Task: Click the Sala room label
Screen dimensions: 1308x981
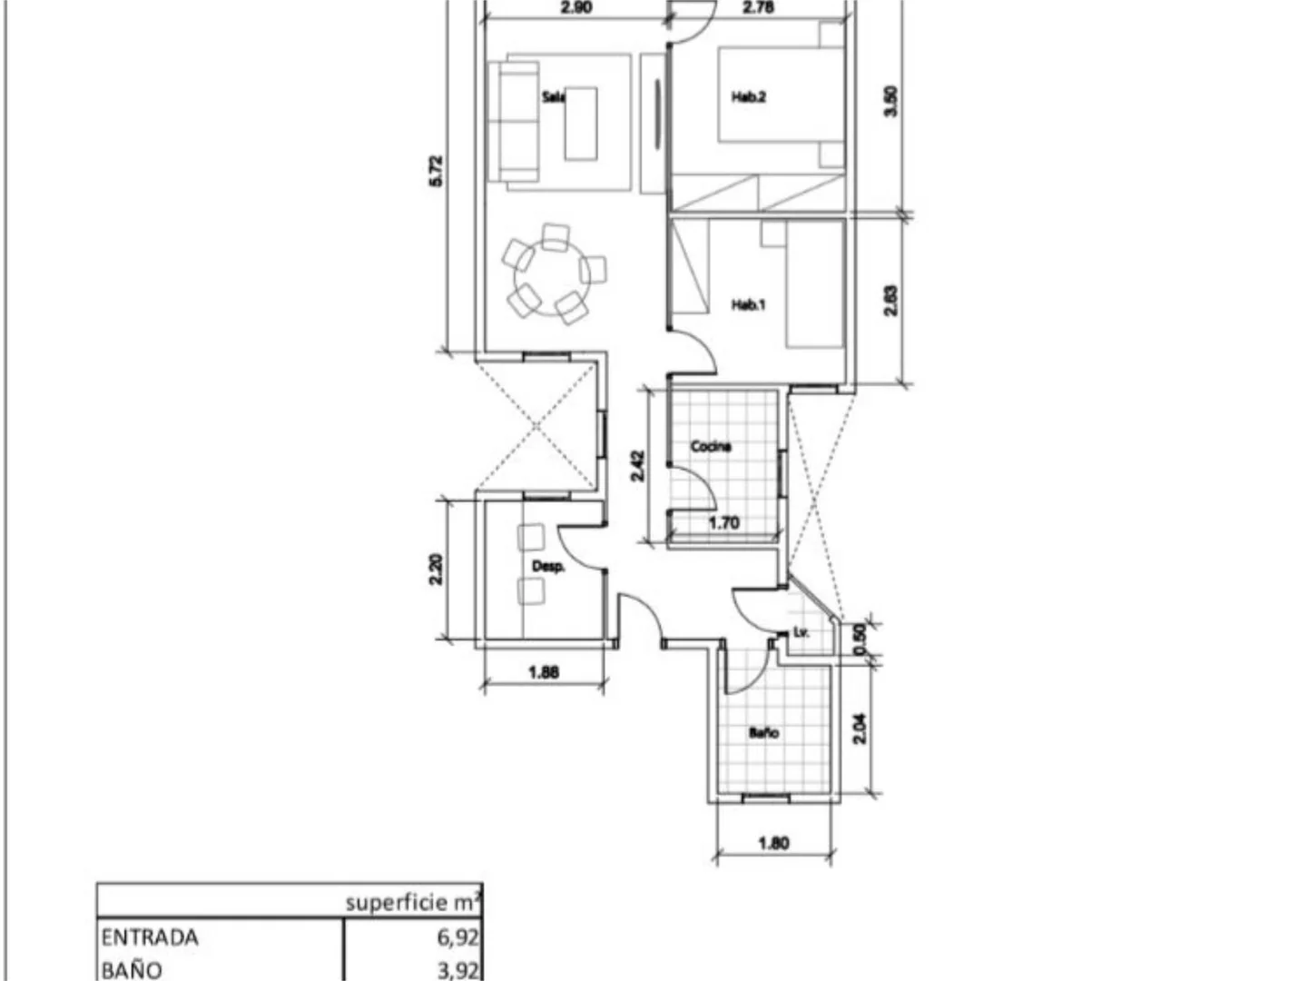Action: pos(553,96)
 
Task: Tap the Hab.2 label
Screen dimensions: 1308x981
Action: pos(749,96)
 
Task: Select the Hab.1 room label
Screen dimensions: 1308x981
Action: pos(749,304)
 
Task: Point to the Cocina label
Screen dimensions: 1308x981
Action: pos(711,446)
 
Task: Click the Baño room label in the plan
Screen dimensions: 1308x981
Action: pos(763,733)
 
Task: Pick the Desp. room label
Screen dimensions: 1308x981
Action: pos(548,567)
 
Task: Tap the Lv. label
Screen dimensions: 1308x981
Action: pos(802,633)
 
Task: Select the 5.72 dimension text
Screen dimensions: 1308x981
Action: pos(437,172)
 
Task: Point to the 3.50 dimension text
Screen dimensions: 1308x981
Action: pos(890,102)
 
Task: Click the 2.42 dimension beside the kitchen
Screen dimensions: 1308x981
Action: pos(637,465)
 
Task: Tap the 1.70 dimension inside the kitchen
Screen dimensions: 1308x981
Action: pos(724,523)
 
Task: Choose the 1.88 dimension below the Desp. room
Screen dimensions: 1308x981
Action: pos(544,672)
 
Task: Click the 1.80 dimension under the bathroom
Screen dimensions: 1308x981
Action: pos(773,843)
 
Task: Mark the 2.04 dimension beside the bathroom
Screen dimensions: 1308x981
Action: pos(860,728)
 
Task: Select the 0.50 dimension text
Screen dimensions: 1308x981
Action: pos(860,639)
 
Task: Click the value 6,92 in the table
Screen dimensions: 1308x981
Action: pos(457,938)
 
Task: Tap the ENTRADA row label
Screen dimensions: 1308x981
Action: pos(150,938)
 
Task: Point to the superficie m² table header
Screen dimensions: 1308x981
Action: pos(414,904)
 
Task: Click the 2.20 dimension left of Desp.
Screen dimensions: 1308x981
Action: pos(437,570)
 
